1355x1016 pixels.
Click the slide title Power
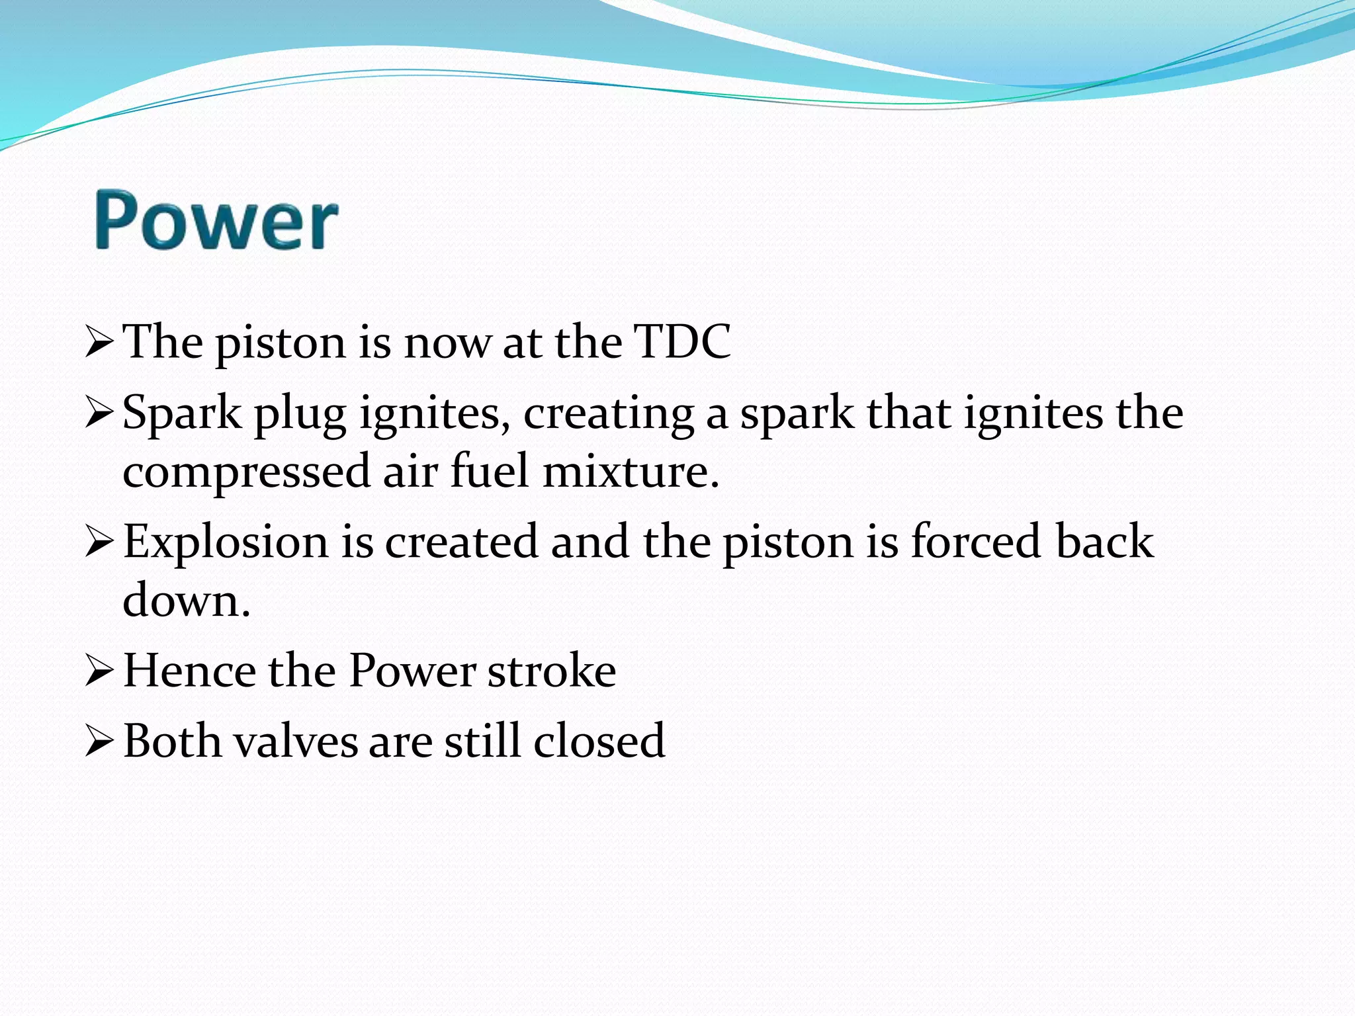click(x=216, y=220)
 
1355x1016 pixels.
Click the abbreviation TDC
click(x=682, y=343)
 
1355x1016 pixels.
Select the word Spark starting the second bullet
click(x=182, y=413)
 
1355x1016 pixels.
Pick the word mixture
click(x=631, y=472)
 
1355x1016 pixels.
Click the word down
click(x=187, y=601)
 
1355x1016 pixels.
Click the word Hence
click(x=189, y=671)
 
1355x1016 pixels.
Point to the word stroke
click(x=552, y=671)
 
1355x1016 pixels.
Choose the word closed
click(x=599, y=741)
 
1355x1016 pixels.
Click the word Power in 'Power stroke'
click(x=412, y=671)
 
